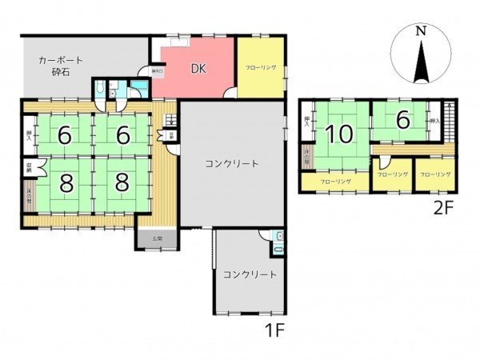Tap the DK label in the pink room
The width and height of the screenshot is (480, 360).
pos(198,68)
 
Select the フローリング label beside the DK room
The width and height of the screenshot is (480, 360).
pos(260,68)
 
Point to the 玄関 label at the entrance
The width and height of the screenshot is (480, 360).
pos(158,238)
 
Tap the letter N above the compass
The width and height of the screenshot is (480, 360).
pos(420,30)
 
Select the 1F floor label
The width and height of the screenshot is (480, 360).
pos(275,329)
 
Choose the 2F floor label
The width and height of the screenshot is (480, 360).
pos(444,209)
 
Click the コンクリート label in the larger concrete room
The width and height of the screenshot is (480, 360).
pos(231,164)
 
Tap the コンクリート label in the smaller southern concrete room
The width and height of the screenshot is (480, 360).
pos(250,274)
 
